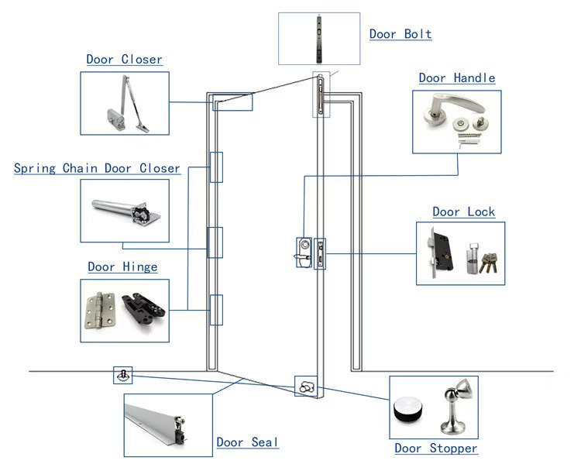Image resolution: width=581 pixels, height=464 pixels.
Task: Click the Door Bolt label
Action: (401, 34)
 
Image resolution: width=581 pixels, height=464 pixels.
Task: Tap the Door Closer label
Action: (124, 60)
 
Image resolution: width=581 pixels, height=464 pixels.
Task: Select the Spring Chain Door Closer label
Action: (97, 168)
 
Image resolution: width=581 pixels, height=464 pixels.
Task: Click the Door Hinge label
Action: (122, 267)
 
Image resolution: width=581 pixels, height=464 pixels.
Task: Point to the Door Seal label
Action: (247, 442)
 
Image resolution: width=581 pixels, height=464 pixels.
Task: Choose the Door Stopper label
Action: (436, 449)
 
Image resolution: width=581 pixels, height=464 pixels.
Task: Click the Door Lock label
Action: (463, 212)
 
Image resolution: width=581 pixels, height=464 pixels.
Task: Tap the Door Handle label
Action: (457, 78)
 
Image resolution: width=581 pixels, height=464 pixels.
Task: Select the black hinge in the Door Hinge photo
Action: (144, 308)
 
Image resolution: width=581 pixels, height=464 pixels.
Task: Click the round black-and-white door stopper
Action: (409, 410)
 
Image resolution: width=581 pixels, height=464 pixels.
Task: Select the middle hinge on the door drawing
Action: (215, 242)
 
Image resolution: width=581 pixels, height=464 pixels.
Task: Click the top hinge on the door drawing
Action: (215, 167)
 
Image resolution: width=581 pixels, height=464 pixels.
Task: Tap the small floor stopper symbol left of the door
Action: (122, 375)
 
